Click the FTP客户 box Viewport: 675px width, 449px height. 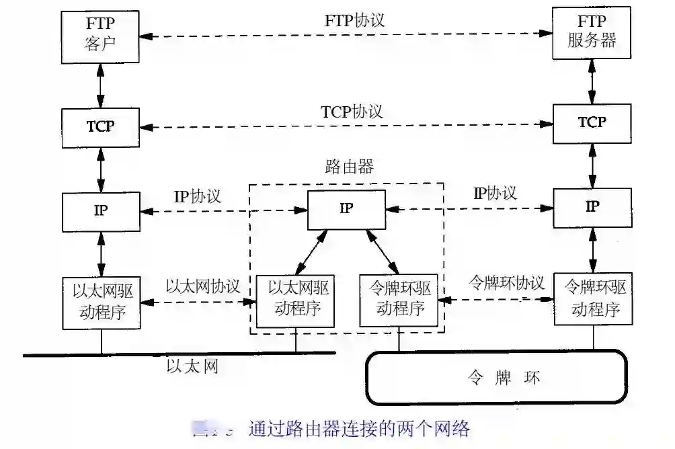pyautogui.click(x=102, y=35)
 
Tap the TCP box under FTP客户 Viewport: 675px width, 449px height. pyautogui.click(x=101, y=126)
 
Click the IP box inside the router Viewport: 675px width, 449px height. pyautogui.click(x=346, y=208)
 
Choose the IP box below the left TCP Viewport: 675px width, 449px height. pyautogui.click(x=101, y=210)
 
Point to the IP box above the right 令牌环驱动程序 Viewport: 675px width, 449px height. pyautogui.click(x=592, y=206)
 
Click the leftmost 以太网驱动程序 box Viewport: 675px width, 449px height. pyautogui.click(x=101, y=302)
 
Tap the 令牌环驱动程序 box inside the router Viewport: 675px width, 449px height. pyautogui.click(x=399, y=300)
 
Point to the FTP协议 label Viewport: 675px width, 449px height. pyautogui.click(x=354, y=20)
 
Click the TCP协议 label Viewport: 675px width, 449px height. pyautogui.click(x=352, y=111)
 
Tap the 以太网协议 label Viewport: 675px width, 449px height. pyautogui.click(x=202, y=286)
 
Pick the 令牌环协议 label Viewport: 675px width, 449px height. pyautogui.click(x=506, y=282)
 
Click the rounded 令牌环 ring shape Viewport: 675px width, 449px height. pyautogui.click(x=495, y=377)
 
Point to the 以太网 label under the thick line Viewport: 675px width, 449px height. pyautogui.click(x=192, y=366)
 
